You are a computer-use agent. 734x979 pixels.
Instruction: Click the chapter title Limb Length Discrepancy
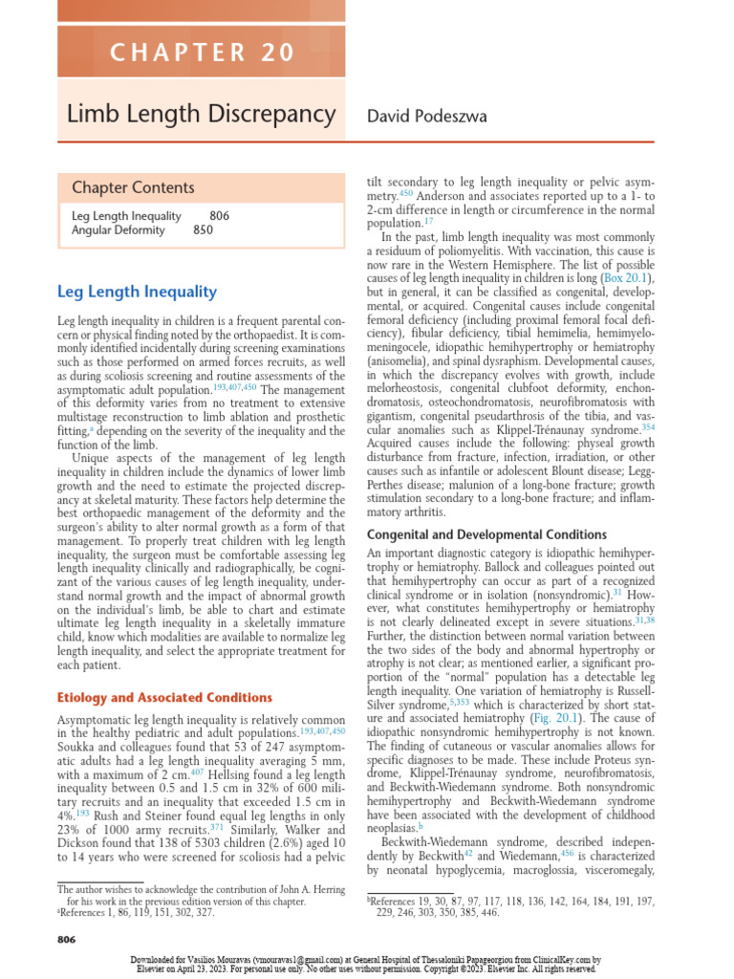pos(201,115)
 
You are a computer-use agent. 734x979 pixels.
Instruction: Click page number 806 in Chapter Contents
pos(219,215)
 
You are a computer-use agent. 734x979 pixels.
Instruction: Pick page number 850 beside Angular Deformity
pos(203,229)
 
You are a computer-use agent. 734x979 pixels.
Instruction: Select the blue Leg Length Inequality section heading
pos(137,292)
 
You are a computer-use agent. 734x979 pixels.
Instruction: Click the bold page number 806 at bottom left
pos(67,940)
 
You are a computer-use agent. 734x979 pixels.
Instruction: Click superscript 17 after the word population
pos(429,220)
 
